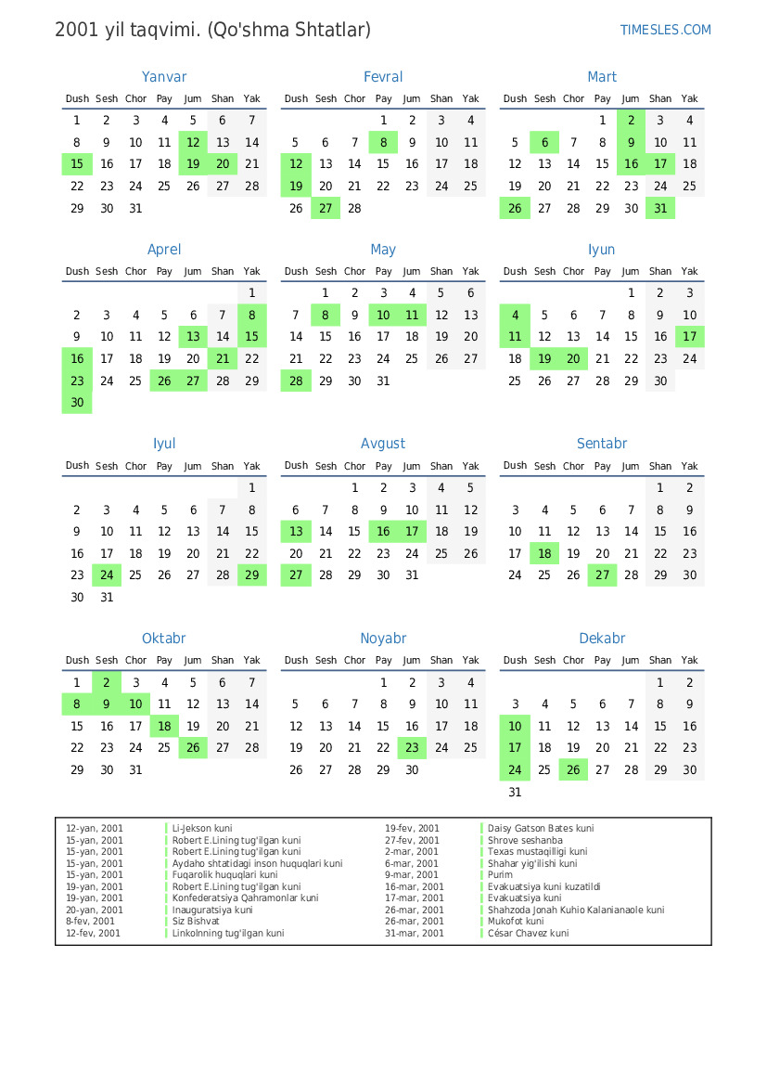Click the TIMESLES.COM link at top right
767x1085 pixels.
(665, 30)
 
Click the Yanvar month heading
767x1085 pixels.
(164, 77)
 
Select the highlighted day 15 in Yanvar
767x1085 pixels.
(77, 164)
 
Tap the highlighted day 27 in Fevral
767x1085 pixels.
(326, 209)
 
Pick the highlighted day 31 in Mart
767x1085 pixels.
(660, 209)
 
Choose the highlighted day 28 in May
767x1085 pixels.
(296, 381)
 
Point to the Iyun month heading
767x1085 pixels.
(602, 250)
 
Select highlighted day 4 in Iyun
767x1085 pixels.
(515, 315)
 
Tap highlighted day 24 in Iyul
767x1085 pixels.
(107, 575)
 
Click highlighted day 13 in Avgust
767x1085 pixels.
(296, 532)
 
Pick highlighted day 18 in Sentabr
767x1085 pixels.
(544, 554)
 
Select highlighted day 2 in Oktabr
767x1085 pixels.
(107, 682)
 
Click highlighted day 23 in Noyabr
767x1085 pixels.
(412, 748)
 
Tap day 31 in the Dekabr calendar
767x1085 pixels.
(515, 793)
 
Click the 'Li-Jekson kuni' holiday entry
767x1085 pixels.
(202, 828)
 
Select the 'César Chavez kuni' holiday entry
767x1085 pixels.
(528, 933)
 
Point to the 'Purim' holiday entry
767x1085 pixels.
(500, 875)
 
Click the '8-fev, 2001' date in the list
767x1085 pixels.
(91, 922)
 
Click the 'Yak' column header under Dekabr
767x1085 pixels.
(689, 661)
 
